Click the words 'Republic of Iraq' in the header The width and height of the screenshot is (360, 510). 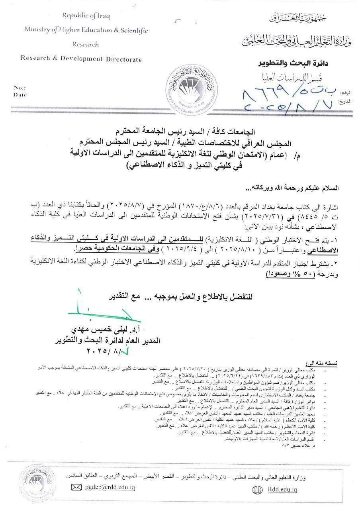click(86, 16)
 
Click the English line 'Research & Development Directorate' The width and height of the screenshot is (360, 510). click(81, 59)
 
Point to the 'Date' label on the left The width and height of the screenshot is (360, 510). click(20, 95)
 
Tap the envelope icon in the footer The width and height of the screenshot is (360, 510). click(76, 487)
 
